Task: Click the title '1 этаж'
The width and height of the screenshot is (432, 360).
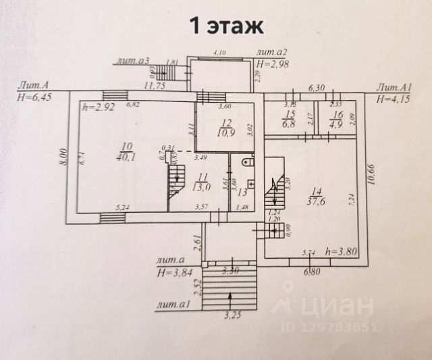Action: point(215,26)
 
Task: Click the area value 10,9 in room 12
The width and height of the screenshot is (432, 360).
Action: point(225,133)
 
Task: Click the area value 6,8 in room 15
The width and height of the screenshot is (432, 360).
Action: point(288,124)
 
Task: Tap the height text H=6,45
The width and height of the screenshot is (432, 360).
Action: point(32,98)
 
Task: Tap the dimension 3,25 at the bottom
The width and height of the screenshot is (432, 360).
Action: point(231,315)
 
